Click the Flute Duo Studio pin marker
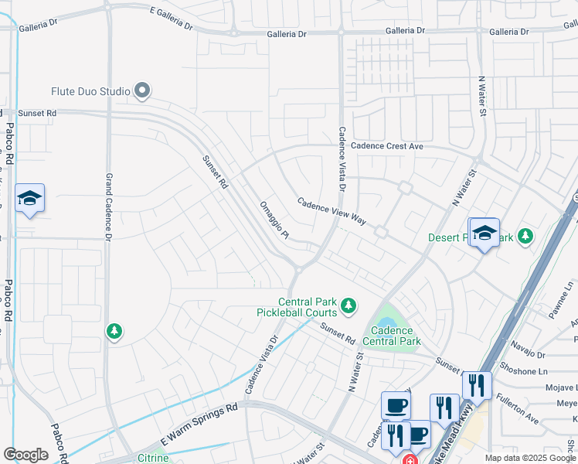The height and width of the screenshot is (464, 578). [141, 91]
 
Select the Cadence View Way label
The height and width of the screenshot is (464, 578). [332, 210]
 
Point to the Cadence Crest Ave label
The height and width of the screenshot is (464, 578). [387, 146]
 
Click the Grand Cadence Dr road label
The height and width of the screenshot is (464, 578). [109, 205]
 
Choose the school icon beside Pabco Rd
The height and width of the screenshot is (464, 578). [29, 199]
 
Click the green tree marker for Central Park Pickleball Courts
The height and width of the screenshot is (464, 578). [348, 306]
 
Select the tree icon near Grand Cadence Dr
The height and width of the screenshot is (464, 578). [114, 332]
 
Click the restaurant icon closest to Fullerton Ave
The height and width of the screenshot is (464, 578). [477, 385]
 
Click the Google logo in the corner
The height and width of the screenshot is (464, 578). [25, 455]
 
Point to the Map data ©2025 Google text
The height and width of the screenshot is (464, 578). [529, 458]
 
